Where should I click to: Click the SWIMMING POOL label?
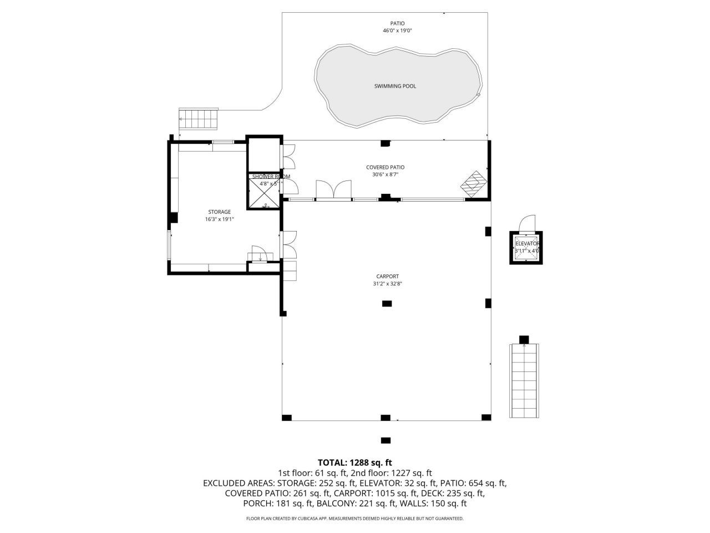coord(395,86)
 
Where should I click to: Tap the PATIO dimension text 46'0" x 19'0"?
coord(397,31)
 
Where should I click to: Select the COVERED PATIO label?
coord(385,167)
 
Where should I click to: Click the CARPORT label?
coord(387,276)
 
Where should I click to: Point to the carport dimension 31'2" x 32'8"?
coord(387,284)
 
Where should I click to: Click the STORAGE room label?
coord(219,212)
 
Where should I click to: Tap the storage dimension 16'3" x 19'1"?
coord(219,219)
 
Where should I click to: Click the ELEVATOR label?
coord(527,244)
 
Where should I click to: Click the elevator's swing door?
coord(526,223)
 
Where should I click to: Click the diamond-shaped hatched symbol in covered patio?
coord(475,184)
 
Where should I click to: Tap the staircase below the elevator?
coord(524,381)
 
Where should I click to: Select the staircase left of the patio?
coord(199,118)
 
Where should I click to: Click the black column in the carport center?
coord(387,303)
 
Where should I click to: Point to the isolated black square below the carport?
coord(386,441)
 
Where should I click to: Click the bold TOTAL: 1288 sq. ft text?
coord(354,462)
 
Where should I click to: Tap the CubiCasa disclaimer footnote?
coord(354,519)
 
